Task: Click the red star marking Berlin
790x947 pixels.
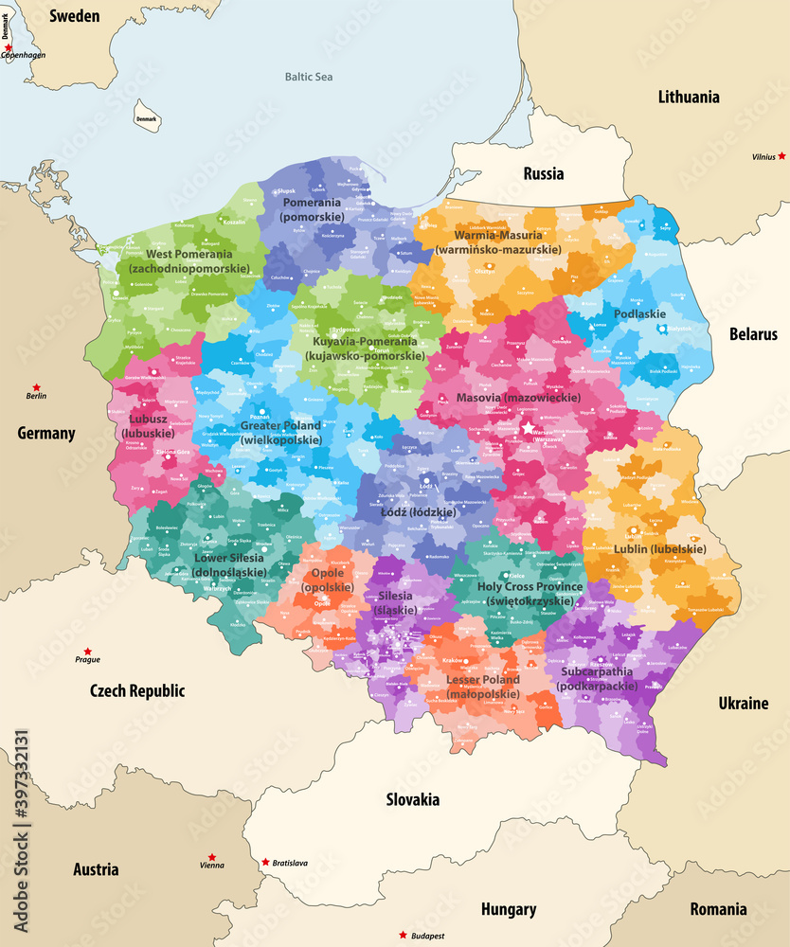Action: tap(37, 387)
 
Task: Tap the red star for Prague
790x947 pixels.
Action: tap(87, 651)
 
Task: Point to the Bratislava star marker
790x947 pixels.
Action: tap(264, 862)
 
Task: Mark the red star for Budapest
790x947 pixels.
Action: tap(403, 936)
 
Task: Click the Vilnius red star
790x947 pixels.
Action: tap(782, 155)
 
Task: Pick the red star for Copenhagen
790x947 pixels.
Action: tap(9, 46)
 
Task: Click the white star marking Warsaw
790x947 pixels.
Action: tap(528, 428)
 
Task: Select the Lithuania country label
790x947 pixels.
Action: tap(688, 97)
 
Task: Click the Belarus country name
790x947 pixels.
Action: tap(753, 333)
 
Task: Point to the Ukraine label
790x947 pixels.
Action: tap(743, 703)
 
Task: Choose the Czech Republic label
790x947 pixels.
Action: tap(137, 690)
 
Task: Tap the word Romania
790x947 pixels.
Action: tap(717, 909)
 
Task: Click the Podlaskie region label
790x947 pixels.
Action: tap(639, 313)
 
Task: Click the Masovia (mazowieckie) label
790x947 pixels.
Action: tap(516, 399)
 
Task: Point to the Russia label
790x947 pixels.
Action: tap(543, 173)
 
